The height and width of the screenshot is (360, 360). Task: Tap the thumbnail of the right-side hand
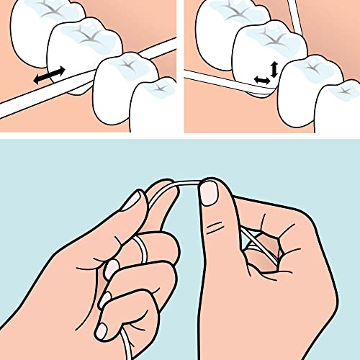(210, 193)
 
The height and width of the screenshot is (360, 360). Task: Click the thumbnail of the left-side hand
(132, 201)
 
